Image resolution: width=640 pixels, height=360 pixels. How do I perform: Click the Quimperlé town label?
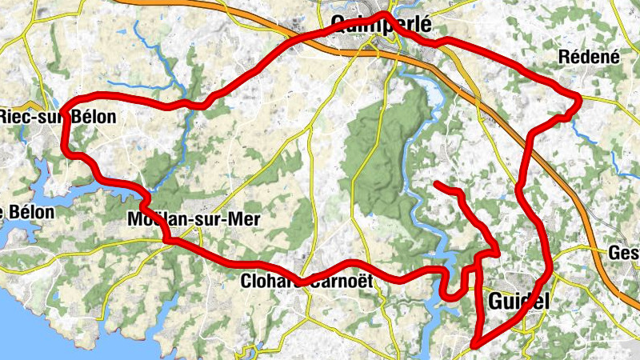click(x=381, y=25)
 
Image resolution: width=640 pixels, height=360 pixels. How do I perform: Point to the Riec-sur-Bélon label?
click(x=58, y=117)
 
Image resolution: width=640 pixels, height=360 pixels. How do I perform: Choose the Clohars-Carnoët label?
click(x=306, y=281)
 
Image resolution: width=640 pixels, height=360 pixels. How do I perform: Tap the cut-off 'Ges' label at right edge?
click(x=624, y=253)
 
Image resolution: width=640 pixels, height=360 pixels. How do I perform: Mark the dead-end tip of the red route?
click(x=437, y=185)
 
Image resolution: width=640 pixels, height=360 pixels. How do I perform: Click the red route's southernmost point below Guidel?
click(x=474, y=345)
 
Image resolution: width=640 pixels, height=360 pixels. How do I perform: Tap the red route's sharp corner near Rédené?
click(x=578, y=98)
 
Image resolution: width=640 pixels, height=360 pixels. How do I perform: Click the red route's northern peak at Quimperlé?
click(x=384, y=14)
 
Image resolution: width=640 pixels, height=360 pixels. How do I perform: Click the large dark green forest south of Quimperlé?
click(x=384, y=160)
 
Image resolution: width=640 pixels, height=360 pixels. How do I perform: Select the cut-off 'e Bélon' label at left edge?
click(x=28, y=213)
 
